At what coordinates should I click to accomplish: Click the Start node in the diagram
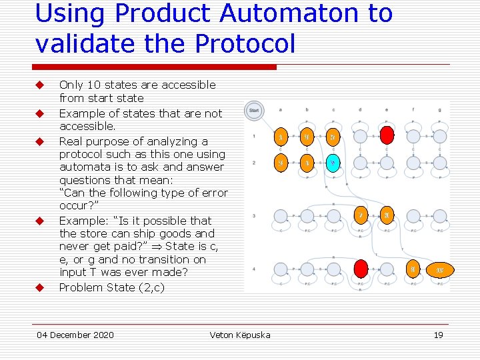(254, 111)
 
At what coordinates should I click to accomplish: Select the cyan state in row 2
(333, 163)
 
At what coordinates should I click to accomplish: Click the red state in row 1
(387, 135)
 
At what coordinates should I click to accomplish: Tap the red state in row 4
(361, 269)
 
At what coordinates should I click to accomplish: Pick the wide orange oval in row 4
(440, 269)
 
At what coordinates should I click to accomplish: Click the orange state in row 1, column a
(281, 137)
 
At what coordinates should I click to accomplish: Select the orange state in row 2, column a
(281, 163)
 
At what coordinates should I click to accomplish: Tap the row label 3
(254, 215)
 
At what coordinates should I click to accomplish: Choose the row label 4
(254, 269)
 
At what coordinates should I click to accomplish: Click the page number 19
(438, 335)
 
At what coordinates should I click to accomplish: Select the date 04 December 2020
(75, 335)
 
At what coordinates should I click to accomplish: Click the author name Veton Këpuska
(240, 335)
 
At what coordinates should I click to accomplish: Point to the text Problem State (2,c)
(112, 287)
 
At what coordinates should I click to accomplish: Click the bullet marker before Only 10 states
(39, 85)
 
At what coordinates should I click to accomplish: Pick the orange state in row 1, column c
(333, 137)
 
